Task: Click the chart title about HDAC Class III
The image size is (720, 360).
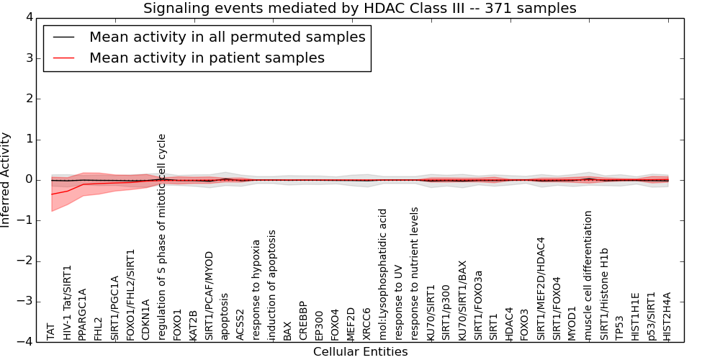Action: pos(360,8)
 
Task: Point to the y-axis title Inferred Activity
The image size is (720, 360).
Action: pos(5,180)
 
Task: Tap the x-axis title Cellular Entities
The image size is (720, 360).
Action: pos(361,352)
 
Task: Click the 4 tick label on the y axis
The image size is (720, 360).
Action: pos(30,18)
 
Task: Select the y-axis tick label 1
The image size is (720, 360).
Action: pos(30,140)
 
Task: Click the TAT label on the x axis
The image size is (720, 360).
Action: pos(50,332)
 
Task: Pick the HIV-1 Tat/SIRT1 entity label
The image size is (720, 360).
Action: pos(67,303)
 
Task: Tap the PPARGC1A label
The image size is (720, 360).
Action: pos(82,315)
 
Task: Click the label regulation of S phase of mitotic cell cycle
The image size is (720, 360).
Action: pos(161,238)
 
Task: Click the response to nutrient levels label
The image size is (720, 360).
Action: pos(414,274)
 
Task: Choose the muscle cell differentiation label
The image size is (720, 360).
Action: pos(588,276)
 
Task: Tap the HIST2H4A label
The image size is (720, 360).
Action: pos(667,316)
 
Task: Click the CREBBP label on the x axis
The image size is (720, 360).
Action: pos(302,321)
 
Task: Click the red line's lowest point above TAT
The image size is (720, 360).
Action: pos(51,194)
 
